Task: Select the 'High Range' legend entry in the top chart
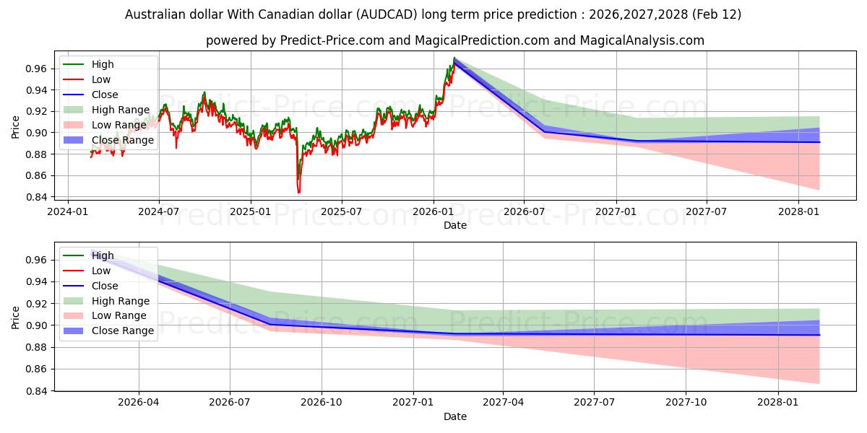121,110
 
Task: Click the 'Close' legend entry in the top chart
105,95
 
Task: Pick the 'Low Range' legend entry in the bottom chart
119,315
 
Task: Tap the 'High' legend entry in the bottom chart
103,255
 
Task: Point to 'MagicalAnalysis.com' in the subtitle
646,40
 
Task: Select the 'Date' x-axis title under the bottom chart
455,416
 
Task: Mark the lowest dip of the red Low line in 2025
298,193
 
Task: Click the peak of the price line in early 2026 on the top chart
454,58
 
